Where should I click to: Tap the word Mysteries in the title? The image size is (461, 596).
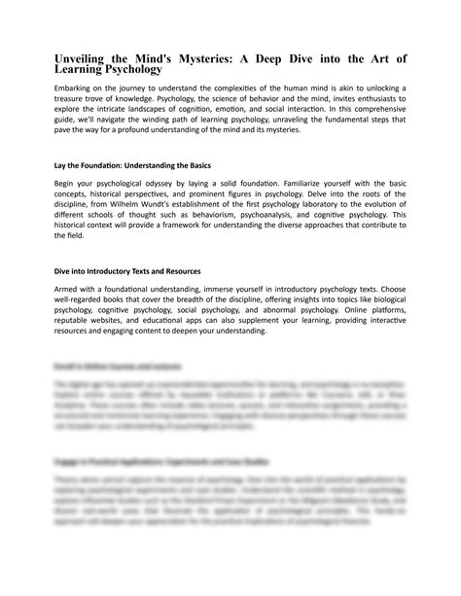pyautogui.click(x=234, y=58)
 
